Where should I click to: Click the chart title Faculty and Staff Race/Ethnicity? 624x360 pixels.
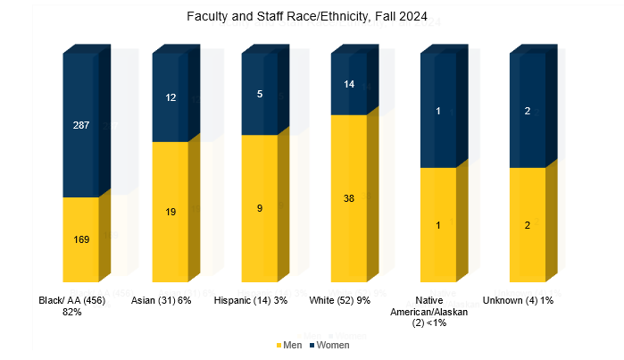pyautogui.click(x=312, y=17)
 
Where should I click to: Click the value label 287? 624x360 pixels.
pyautogui.click(x=80, y=126)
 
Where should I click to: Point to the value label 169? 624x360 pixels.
pyautogui.click(x=80, y=239)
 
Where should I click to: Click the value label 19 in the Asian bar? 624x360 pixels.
pyautogui.click(x=171, y=212)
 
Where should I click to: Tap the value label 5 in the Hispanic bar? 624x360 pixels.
pyautogui.click(x=260, y=93)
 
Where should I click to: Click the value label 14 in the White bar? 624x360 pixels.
pyautogui.click(x=349, y=84)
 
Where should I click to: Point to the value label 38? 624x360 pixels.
pyautogui.click(x=349, y=198)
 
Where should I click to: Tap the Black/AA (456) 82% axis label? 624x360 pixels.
pyautogui.click(x=72, y=306)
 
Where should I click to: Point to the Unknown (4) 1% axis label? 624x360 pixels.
pyautogui.click(x=519, y=301)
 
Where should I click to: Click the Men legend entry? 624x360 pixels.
pyautogui.click(x=288, y=345)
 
